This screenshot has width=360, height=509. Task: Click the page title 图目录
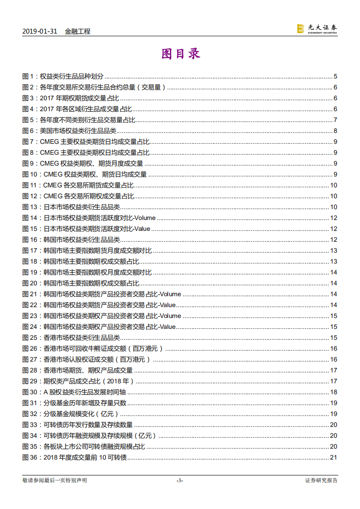coord(181,54)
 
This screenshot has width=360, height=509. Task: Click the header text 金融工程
coord(78,31)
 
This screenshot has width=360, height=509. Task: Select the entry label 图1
coord(28,76)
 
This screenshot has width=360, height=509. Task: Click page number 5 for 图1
coord(335,76)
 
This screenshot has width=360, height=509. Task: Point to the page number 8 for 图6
coord(335,131)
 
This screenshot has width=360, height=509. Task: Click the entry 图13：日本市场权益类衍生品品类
coord(71,207)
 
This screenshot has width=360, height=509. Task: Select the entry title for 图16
coord(82,240)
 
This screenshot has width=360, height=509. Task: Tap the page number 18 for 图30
coord(333,392)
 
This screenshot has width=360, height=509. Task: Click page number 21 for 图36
coord(333,457)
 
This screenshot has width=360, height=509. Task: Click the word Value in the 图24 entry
coord(167,327)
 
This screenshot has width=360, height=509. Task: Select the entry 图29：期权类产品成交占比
coord(78,381)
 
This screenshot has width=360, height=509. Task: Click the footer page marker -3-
coord(180,480)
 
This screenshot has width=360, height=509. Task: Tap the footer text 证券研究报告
coord(321,480)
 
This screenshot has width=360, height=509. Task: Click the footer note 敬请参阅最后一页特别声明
coord(54,480)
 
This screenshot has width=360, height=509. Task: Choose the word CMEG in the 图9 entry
coord(49,163)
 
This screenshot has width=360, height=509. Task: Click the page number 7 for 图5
coord(335,120)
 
